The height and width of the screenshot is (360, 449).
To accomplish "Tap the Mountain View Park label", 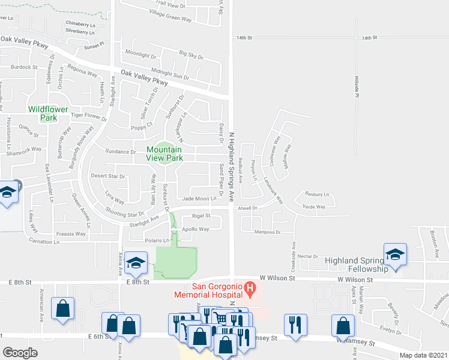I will point(164,154).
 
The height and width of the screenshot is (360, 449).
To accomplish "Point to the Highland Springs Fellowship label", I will point(361,265).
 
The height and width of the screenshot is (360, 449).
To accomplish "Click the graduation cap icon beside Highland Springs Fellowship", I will point(396,254).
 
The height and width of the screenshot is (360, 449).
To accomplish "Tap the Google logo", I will point(20,353).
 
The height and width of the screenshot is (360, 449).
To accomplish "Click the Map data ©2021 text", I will point(423,355).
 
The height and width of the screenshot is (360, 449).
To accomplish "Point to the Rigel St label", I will point(200,215).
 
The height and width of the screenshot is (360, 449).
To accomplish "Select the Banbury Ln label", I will point(318,194).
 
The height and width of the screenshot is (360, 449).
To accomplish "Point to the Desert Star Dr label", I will point(107,176).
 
